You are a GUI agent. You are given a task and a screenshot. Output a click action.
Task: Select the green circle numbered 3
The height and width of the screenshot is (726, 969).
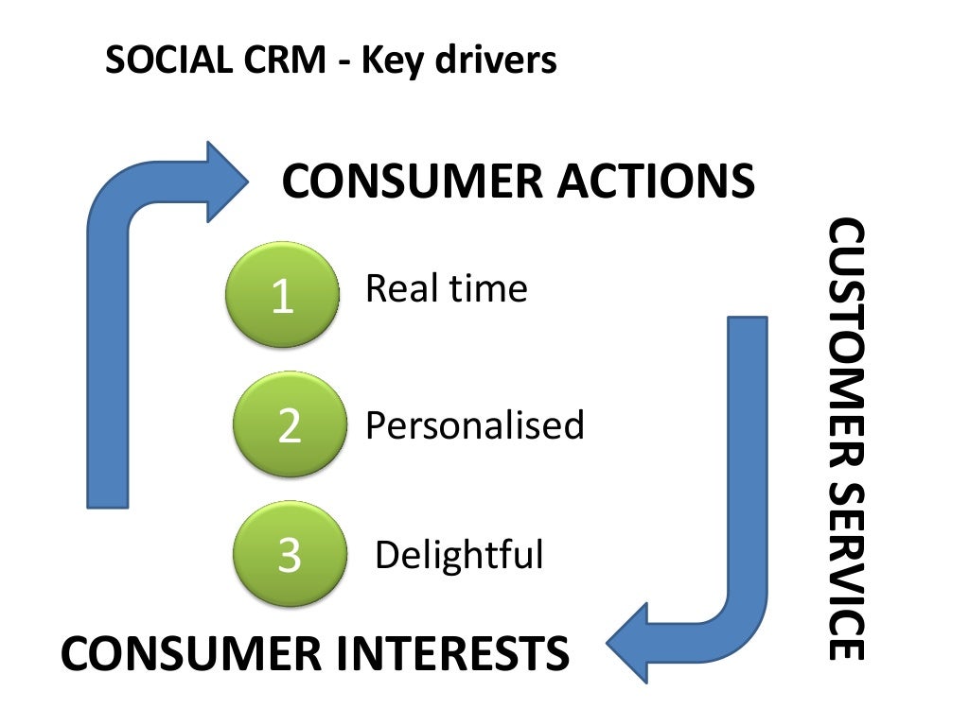pos(289,555)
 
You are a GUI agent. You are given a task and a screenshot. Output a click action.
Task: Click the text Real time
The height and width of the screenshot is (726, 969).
pos(446,288)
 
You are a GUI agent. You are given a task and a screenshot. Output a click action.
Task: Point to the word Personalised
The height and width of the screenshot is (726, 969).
pos(474,426)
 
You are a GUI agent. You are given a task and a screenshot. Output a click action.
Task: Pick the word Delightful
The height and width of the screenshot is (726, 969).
pos(459,555)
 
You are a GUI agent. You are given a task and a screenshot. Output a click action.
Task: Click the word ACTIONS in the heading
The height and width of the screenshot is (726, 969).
pos(656,181)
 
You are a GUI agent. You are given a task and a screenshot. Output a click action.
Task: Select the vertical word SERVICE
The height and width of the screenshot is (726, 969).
pos(845,568)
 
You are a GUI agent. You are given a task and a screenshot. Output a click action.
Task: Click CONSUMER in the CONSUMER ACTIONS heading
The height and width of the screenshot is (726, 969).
pos(413,181)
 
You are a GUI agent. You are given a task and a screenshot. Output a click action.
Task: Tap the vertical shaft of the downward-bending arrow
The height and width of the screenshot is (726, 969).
pos(747,454)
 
